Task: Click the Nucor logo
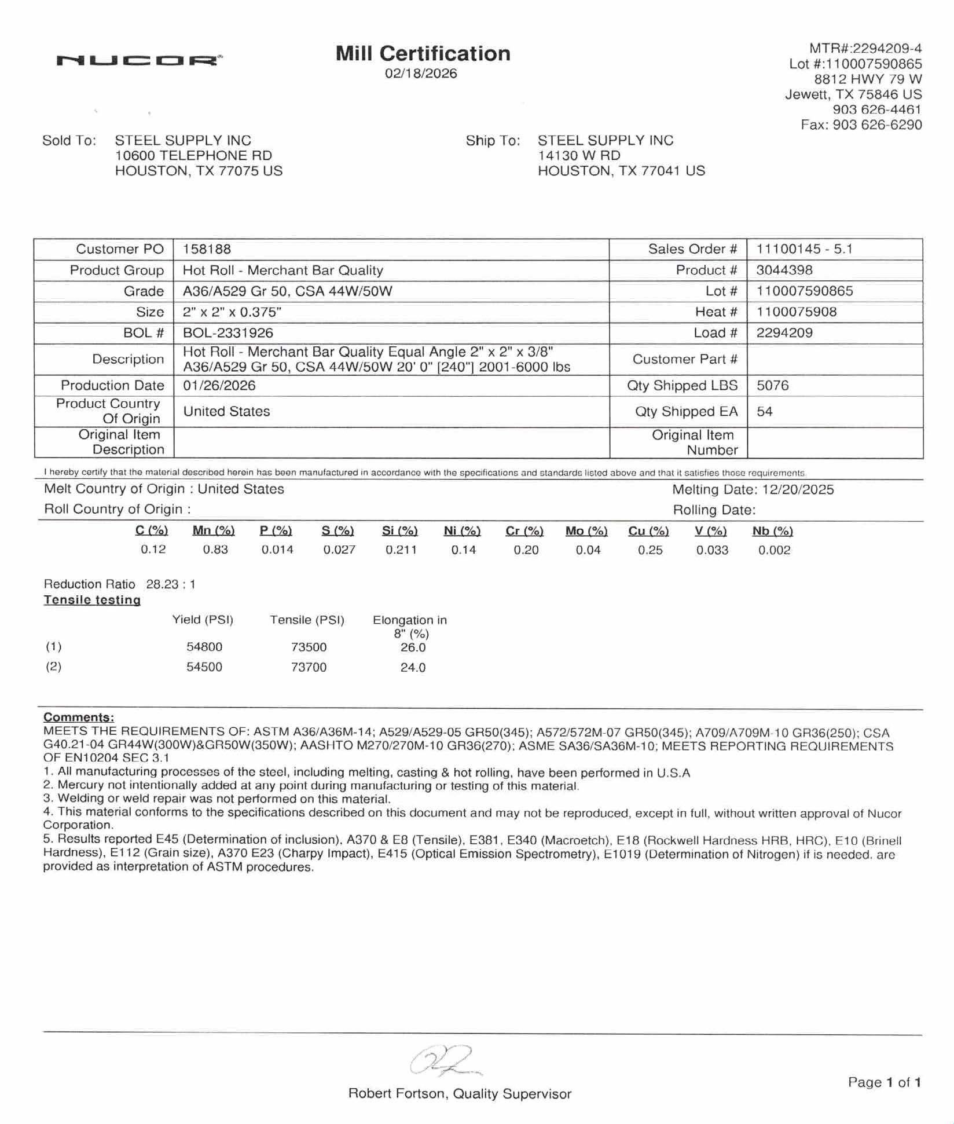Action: (139, 60)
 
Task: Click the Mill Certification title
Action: (423, 54)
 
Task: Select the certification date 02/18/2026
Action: (421, 74)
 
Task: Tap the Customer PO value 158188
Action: (207, 250)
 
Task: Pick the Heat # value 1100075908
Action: (796, 312)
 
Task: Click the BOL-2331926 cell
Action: (228, 333)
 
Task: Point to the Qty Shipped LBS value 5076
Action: (772, 386)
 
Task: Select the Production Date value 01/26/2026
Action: (219, 386)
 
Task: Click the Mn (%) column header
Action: (214, 531)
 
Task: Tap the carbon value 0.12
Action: (153, 550)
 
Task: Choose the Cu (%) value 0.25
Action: (650, 550)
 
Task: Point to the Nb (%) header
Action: (772, 531)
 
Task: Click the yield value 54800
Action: (204, 647)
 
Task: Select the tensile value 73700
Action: (309, 668)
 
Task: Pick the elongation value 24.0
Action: (413, 668)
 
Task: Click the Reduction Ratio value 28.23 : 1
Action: (171, 584)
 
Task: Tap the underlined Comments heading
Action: (79, 717)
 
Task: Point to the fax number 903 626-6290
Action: (877, 125)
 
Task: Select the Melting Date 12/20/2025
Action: (798, 490)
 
